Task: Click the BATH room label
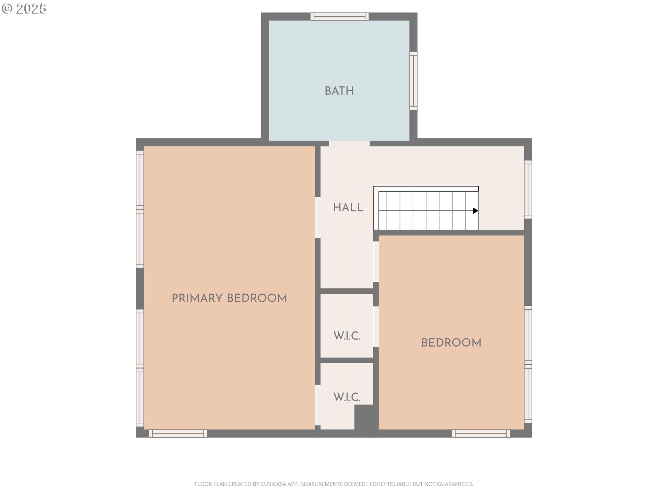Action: pyautogui.click(x=339, y=91)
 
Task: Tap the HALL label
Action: pyautogui.click(x=348, y=207)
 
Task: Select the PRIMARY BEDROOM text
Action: pyautogui.click(x=229, y=298)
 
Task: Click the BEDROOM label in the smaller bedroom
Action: pyautogui.click(x=451, y=343)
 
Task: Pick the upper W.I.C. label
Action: pyautogui.click(x=347, y=336)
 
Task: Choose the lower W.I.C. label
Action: pyautogui.click(x=347, y=397)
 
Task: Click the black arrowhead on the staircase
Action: pyautogui.click(x=475, y=211)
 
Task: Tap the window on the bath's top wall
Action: pyautogui.click(x=340, y=16)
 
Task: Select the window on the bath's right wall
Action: pyautogui.click(x=413, y=81)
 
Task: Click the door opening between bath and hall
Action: pyautogui.click(x=349, y=143)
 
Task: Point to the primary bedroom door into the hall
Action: pyautogui.click(x=318, y=218)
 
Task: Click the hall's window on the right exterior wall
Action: pyautogui.click(x=528, y=190)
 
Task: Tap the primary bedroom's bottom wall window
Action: pyautogui.click(x=178, y=434)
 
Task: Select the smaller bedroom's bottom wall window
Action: pyautogui.click(x=481, y=434)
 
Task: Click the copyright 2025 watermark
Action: pyautogui.click(x=24, y=9)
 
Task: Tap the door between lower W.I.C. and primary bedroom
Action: pyautogui.click(x=318, y=405)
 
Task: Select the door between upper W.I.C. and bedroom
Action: pyautogui.click(x=376, y=326)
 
